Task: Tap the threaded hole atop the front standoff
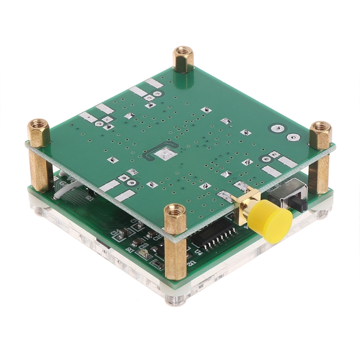(175, 210)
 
